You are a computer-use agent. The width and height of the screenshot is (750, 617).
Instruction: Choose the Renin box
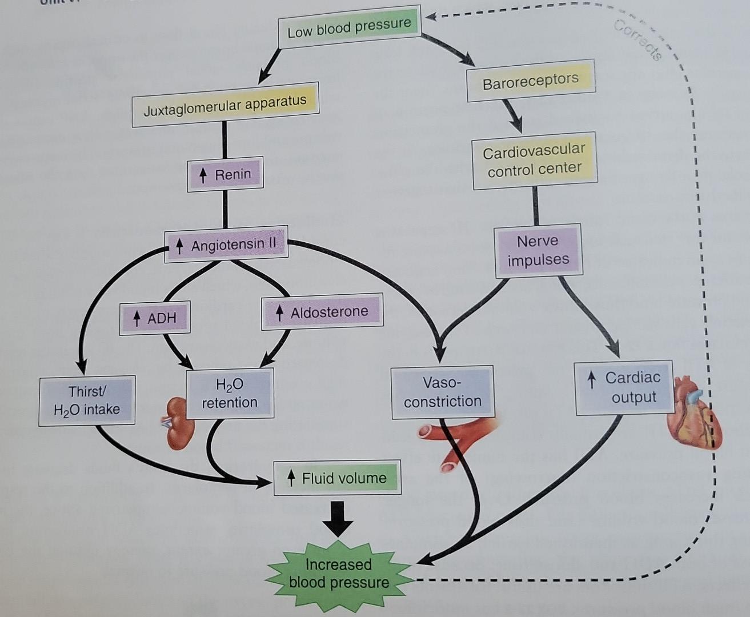(225, 174)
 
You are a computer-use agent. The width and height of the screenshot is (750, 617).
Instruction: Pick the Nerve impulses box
(538, 250)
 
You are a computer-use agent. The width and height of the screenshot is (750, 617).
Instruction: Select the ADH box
(155, 318)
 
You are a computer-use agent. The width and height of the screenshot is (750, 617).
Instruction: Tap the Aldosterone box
(322, 312)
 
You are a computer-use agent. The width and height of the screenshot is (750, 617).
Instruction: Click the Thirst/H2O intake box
(87, 400)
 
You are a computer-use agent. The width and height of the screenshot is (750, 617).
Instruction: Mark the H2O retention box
(230, 394)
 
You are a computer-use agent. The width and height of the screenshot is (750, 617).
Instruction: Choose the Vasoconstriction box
(442, 392)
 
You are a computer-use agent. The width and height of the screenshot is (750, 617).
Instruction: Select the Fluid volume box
(337, 478)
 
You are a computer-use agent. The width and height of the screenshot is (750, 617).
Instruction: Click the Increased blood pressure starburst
(338, 574)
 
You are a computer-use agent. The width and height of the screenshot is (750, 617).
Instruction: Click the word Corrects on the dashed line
(639, 40)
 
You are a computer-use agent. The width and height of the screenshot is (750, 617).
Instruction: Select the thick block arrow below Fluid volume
(338, 518)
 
